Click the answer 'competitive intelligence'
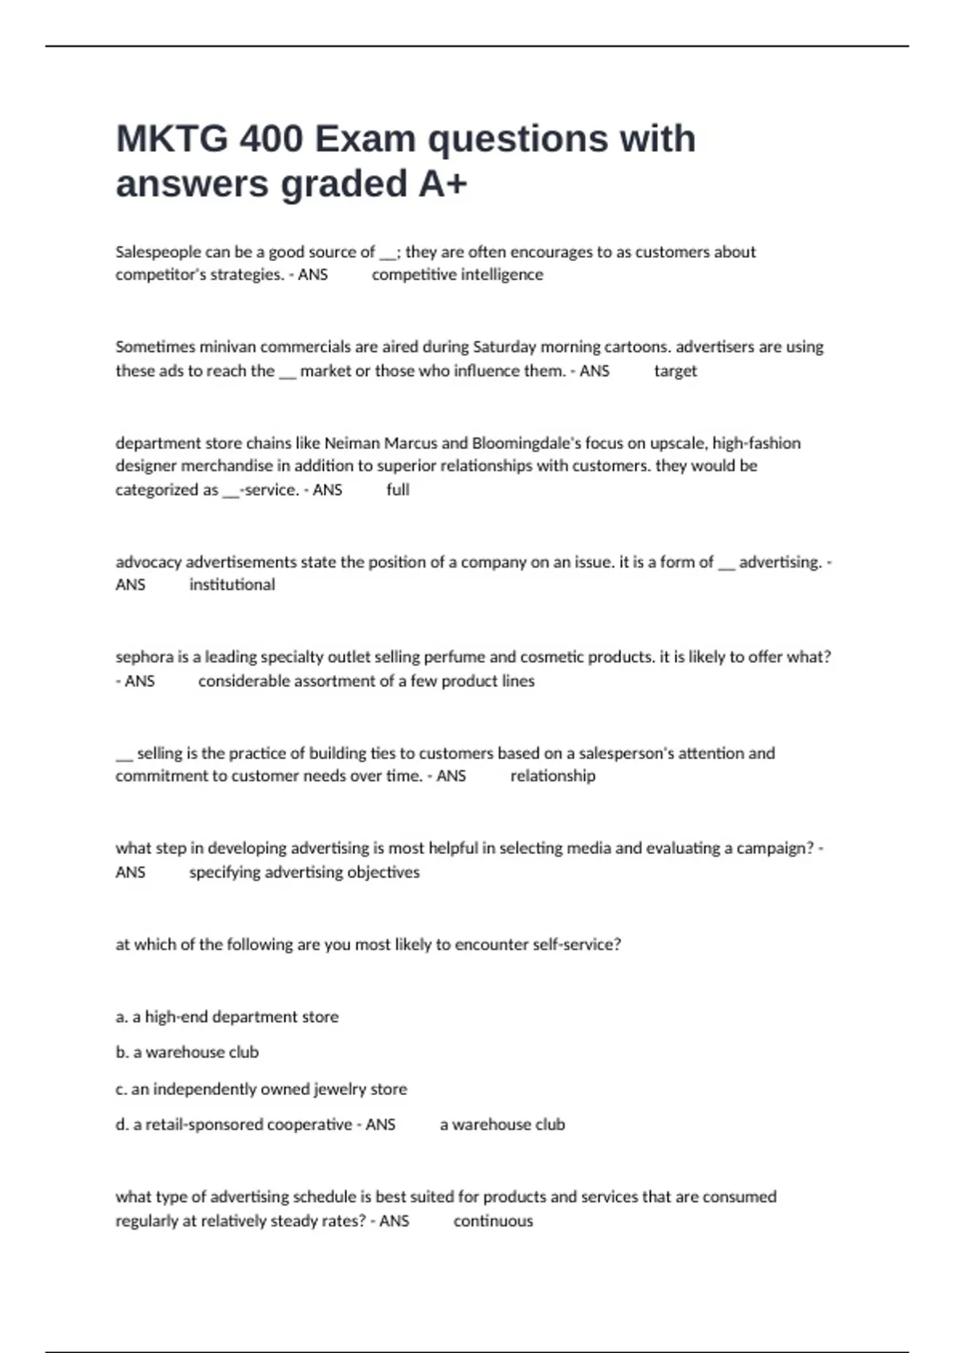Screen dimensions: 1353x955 (x=457, y=275)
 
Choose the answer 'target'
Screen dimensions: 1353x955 (x=675, y=371)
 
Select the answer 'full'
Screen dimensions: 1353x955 (x=398, y=489)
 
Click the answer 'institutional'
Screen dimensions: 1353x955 (x=232, y=585)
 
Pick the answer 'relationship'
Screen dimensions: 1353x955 (x=552, y=776)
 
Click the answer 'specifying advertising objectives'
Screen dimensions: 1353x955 (x=304, y=872)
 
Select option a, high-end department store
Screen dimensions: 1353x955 (x=227, y=1017)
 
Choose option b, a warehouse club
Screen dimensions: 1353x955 (x=187, y=1052)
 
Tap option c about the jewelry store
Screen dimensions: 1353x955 (x=261, y=1089)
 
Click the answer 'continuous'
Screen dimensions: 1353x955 (x=493, y=1221)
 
